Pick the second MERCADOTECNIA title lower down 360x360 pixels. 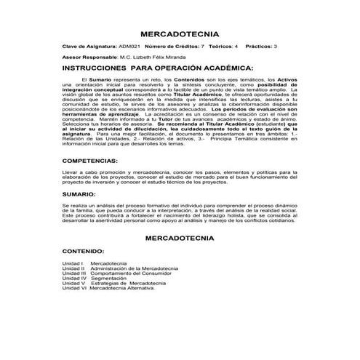(x=180, y=238)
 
